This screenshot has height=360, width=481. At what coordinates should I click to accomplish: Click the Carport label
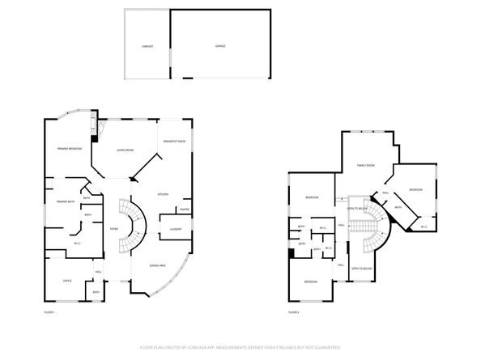147,46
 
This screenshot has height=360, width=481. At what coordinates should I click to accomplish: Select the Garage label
220,46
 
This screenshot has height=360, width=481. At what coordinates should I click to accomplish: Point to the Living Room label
125,150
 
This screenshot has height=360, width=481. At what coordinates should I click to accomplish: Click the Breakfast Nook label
175,142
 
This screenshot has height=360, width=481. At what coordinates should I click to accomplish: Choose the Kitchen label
162,195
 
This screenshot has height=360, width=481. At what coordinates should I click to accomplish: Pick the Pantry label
184,210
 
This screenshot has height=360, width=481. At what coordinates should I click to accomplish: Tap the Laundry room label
176,230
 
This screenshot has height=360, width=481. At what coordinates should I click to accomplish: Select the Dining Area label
158,265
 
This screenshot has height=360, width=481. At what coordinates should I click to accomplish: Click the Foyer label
113,230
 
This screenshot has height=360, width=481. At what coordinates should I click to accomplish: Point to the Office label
68,281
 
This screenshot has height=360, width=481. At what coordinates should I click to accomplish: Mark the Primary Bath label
65,201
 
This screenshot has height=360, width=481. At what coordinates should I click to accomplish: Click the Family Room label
366,166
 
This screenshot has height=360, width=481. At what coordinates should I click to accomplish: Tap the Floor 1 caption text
50,311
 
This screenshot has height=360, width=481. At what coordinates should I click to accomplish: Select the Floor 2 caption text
294,311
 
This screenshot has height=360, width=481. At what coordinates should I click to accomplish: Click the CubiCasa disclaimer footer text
240,346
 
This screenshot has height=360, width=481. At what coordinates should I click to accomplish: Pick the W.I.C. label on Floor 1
77,244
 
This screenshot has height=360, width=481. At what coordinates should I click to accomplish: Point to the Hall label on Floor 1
99,271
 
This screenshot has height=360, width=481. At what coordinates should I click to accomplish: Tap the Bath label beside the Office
96,292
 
